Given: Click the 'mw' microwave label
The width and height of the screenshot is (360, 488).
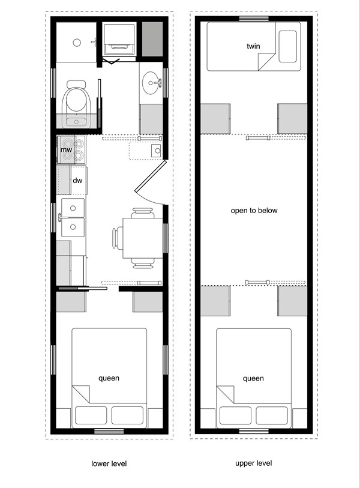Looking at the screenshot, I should [67, 150].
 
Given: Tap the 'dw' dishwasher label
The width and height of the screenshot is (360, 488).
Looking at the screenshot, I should [77, 180].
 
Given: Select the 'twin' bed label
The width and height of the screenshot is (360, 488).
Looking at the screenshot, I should [253, 46].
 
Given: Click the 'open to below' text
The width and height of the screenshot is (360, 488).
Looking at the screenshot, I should [254, 211].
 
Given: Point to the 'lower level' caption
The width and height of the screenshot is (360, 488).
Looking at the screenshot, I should [109, 463].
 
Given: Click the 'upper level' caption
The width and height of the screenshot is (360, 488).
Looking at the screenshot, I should [254, 463].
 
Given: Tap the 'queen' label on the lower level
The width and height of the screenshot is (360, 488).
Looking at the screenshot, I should [109, 378].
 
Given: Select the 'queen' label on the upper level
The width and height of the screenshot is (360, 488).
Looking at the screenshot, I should [254, 378].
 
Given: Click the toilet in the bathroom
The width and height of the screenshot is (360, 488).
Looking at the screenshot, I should [76, 103].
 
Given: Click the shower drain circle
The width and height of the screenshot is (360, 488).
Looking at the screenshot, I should [76, 42].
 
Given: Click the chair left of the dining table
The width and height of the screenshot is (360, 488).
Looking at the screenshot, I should [116, 238].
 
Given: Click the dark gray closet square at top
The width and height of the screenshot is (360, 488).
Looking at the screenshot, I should [152, 40].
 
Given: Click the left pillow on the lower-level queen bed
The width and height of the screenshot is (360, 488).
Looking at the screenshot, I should [91, 415].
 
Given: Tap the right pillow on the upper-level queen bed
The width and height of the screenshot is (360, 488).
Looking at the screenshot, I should [273, 415].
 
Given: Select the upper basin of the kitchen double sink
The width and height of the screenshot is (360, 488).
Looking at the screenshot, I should [74, 208].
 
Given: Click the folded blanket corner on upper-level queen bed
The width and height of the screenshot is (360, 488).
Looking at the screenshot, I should [225, 394].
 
